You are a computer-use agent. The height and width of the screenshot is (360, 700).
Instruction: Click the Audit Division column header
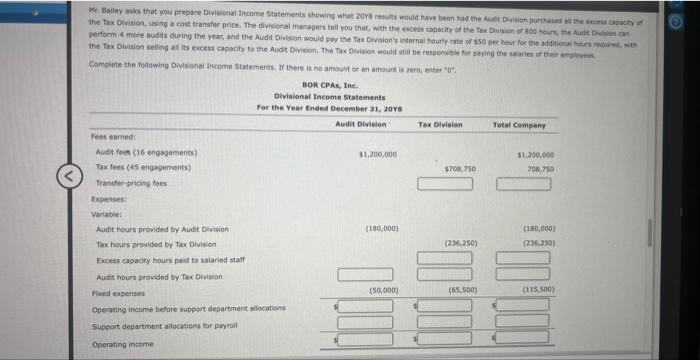(x=358, y=123)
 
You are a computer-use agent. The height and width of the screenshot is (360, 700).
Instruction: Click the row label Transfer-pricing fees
(x=130, y=185)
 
